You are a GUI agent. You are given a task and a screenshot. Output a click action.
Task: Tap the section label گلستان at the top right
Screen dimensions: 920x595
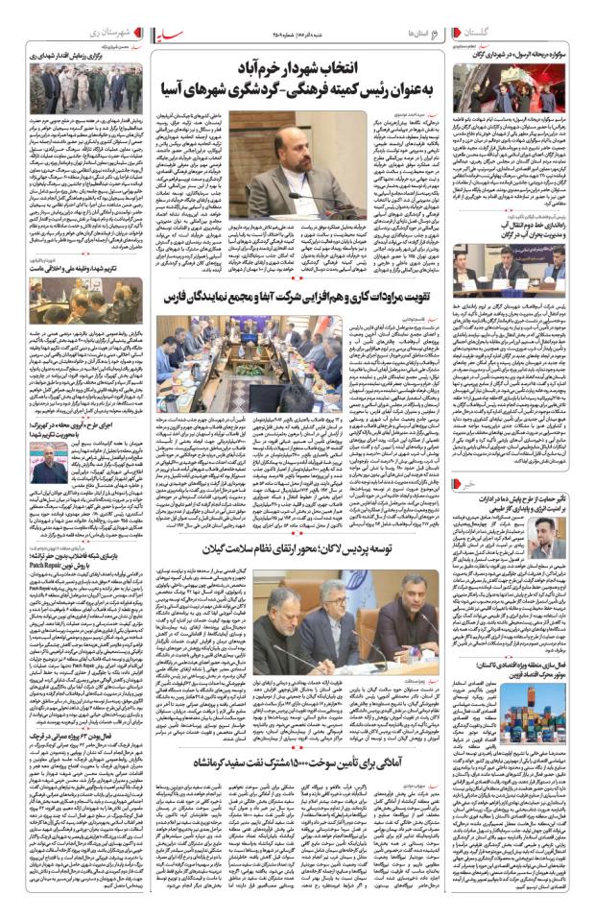(563, 33)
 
